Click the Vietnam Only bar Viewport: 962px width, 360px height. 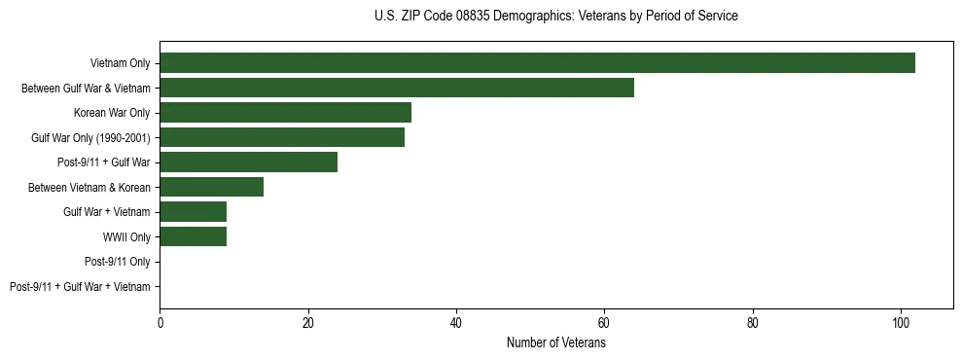pos(537,63)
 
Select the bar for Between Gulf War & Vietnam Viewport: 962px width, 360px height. pos(397,88)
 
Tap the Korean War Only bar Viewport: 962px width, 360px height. pos(285,113)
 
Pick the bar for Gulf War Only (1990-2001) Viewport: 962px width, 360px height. pos(282,137)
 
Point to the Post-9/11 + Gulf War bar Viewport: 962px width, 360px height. pos(248,162)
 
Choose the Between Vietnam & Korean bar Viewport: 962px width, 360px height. pos(211,187)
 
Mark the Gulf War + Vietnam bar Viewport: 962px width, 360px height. pos(193,212)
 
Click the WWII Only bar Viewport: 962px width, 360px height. pos(193,236)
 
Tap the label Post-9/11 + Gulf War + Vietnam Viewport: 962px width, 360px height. pos(80,287)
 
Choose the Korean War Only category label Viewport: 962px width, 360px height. pos(112,113)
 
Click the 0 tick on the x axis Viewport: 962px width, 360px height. pos(160,324)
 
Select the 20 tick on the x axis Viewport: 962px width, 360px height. pos(308,324)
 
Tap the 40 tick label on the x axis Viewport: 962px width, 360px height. pos(456,324)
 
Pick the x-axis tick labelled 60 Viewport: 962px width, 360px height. pos(604,324)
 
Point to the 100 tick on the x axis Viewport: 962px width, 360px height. pos(901,324)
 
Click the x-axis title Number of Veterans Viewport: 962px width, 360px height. pos(555,343)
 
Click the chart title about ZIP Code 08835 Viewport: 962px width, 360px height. pos(555,17)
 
